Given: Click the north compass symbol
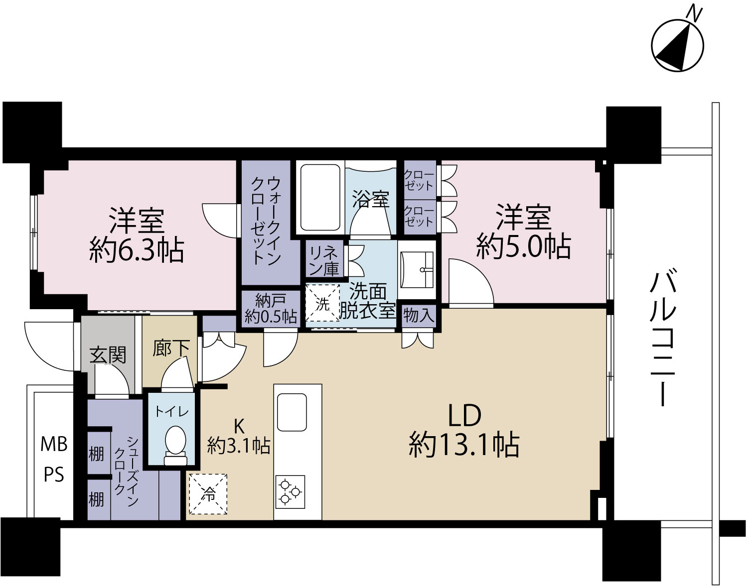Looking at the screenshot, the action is pos(677,45).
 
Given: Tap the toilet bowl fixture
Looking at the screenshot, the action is pos(175,445).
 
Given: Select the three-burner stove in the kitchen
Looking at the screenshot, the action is pos(290,491).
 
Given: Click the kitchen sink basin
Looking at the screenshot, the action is pos(292,412).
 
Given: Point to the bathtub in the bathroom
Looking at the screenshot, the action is pos(320,197).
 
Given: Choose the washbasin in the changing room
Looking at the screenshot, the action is pos(417,270).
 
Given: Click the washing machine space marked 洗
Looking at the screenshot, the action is pos(322,303).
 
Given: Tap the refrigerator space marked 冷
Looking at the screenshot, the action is pos(208,494).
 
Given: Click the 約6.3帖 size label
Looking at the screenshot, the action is pos(137,250).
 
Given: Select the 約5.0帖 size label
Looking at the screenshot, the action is pos(523,246).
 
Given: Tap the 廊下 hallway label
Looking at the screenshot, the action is pos(171,348).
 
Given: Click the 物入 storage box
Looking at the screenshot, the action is pos(419,315).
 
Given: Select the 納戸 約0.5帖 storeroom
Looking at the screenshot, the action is pos(270,308).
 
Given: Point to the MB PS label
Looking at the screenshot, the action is pos(54,460).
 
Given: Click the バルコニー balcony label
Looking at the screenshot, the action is pos(665,338).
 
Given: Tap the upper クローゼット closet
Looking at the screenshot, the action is pos(420,180).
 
